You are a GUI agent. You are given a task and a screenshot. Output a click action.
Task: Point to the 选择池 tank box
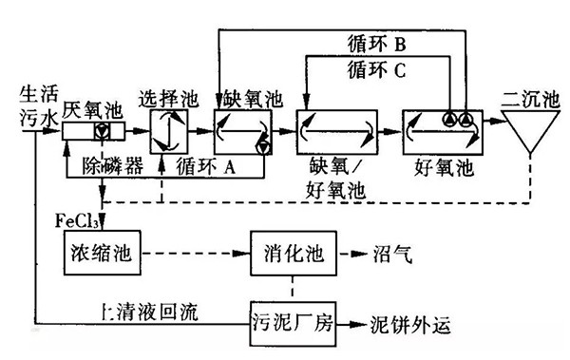pyautogui.click(x=169, y=130)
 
